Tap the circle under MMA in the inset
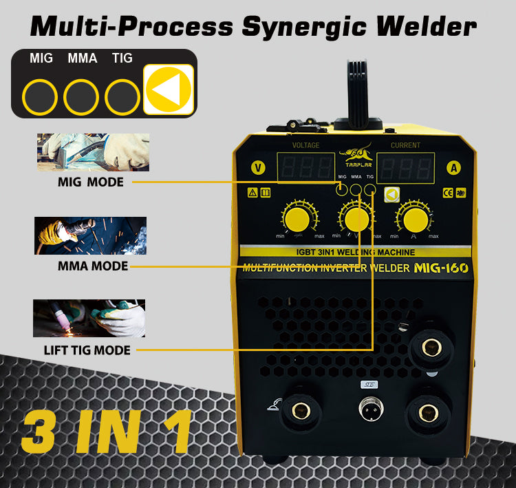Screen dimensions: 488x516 (81, 97)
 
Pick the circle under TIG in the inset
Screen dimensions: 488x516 (122, 97)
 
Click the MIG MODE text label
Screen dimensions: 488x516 (91, 182)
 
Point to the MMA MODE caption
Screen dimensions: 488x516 (92, 266)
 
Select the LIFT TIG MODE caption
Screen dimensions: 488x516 (87, 350)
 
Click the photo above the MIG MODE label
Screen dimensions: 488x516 (93, 151)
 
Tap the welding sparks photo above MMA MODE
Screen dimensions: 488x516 (91, 235)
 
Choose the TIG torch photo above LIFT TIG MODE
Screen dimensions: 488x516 (89, 317)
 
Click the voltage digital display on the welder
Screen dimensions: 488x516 (305, 167)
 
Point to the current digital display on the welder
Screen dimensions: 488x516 (405, 167)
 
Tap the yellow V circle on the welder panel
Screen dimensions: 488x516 (258, 167)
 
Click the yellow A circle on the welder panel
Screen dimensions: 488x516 (453, 167)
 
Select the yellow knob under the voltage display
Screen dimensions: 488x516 (297, 220)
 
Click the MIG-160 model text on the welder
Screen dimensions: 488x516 (441, 268)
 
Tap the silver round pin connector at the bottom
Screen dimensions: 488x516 (371, 411)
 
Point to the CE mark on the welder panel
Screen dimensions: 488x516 (447, 193)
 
